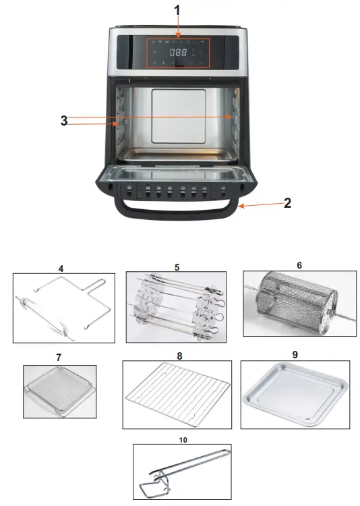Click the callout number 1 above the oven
coord(177,11)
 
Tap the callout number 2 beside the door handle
coord(287,202)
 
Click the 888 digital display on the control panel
coord(178,52)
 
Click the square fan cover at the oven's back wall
coord(176,115)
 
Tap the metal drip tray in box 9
coord(298,395)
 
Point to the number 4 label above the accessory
coord(61,268)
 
